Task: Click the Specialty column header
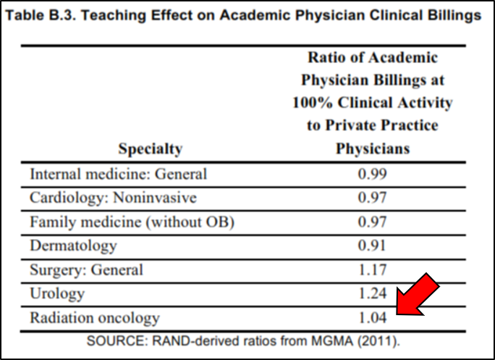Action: [151, 150]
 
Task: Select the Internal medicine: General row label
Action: [118, 175]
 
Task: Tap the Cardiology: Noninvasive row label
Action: [113, 198]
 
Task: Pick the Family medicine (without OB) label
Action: [132, 222]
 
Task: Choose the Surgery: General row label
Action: [86, 270]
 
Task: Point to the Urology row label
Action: [57, 294]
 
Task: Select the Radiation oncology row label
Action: [94, 318]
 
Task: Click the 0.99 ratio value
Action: [373, 175]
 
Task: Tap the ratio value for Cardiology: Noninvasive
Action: [373, 198]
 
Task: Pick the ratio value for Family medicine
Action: [373, 222]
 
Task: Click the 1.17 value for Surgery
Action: [373, 270]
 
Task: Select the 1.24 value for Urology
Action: [373, 294]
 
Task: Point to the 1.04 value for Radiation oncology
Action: [373, 318]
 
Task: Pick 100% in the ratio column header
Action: [312, 103]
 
